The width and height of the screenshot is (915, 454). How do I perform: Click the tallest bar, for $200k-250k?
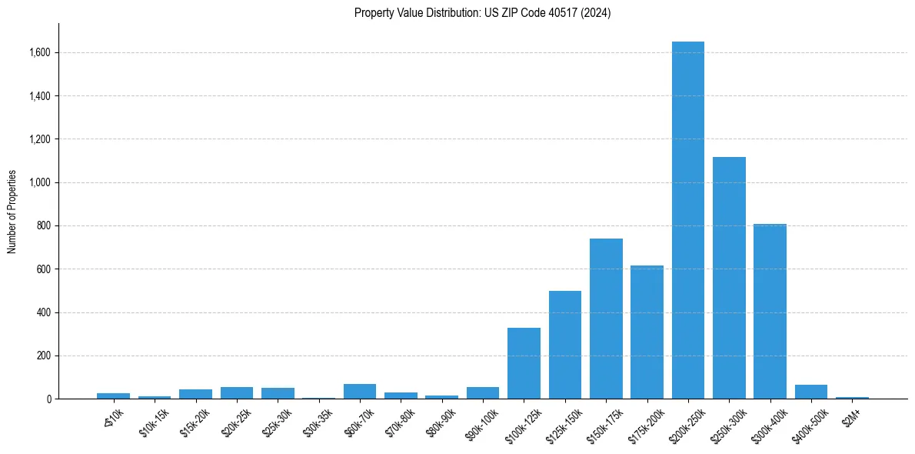click(687, 220)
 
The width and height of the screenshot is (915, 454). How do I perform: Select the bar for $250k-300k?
click(729, 278)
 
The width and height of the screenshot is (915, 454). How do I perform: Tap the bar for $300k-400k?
click(770, 312)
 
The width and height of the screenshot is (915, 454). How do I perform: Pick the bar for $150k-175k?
click(606, 319)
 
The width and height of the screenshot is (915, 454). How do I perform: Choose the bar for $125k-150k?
click(565, 345)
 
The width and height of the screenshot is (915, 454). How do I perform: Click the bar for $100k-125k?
click(524, 363)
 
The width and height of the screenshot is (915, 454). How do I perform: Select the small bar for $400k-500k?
click(810, 392)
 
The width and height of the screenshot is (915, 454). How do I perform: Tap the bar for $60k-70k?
click(360, 391)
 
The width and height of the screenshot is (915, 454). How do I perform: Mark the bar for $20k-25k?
click(237, 392)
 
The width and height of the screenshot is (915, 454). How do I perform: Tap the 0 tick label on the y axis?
click(48, 399)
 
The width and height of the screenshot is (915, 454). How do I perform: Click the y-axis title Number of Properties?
click(12, 212)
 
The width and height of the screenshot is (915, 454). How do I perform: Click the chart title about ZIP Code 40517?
click(482, 13)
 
